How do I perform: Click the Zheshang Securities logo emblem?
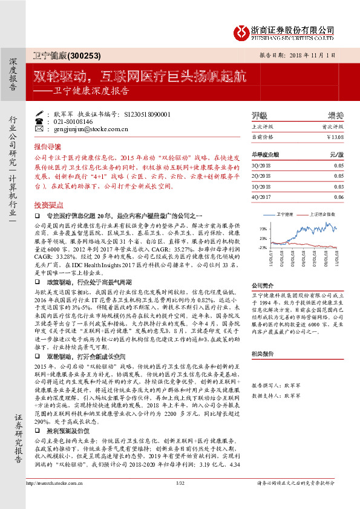[x=243, y=32]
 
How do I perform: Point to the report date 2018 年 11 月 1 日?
[x=309, y=55]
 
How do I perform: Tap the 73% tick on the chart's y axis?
[x=262, y=229]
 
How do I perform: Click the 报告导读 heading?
[x=48, y=147]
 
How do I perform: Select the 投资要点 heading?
[x=48, y=206]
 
